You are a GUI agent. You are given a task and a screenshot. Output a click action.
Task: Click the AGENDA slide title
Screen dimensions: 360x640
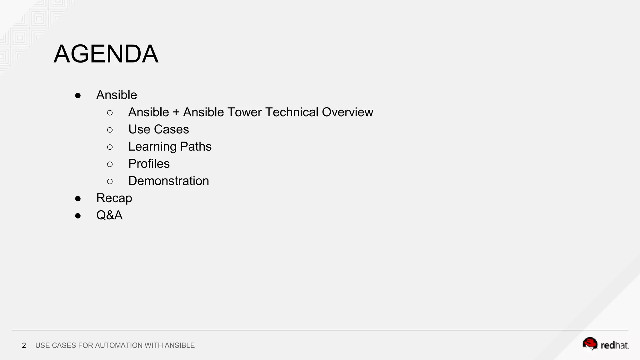tap(106, 54)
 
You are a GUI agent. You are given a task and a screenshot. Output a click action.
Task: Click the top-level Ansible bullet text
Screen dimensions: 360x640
tap(117, 95)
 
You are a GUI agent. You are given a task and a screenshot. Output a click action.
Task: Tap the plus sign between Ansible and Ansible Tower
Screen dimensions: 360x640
tap(176, 112)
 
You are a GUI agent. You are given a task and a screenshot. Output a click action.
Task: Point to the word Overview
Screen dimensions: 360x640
tap(347, 112)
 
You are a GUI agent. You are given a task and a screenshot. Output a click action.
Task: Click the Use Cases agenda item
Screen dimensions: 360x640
tap(158, 129)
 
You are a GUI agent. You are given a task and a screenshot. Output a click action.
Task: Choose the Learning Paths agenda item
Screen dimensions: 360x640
tap(170, 147)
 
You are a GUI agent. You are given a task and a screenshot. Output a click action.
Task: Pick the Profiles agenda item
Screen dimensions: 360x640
tap(149, 164)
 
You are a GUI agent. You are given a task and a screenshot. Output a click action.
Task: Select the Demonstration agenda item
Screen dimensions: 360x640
tap(168, 181)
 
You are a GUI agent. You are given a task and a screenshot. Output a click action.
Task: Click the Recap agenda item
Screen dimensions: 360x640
tap(114, 198)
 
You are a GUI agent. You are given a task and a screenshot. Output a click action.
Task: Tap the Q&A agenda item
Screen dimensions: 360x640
tap(109, 215)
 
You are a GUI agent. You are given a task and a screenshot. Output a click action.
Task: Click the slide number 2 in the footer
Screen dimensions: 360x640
tap(24, 345)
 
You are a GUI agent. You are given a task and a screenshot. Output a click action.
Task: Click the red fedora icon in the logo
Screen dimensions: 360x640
tap(590, 343)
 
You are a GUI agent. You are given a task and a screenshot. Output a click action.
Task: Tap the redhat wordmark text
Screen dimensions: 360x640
tap(614, 345)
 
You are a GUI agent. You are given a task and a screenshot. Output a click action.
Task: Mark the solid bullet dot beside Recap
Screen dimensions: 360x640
tap(78, 198)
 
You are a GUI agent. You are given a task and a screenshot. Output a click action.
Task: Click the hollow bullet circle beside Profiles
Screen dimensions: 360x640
tap(110, 164)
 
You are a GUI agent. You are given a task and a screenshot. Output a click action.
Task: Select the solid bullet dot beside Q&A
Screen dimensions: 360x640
tap(78, 216)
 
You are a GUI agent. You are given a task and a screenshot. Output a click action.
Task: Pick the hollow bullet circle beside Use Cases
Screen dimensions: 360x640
tap(110, 130)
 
